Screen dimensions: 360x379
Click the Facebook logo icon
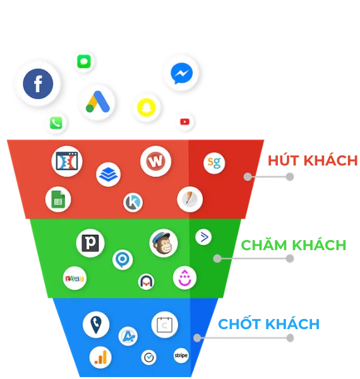point(38,83)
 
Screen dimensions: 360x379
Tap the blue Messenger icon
point(181,73)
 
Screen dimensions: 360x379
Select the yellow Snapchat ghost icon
point(146,107)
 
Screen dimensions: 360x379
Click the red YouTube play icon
point(185,121)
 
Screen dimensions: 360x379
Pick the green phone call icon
point(56,123)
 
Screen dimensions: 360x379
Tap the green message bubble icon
point(84,61)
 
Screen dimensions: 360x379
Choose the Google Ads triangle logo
point(98,102)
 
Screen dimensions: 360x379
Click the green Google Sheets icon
point(58,200)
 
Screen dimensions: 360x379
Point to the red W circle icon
point(155,161)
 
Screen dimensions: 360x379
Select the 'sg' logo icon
point(214,163)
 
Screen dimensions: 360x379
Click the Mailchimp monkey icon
point(164,243)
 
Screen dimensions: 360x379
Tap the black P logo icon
point(90,243)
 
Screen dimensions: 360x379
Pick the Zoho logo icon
point(75,279)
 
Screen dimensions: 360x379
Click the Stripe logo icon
point(181,356)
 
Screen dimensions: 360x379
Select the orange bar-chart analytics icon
point(100,358)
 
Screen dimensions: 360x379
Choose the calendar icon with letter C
point(165,325)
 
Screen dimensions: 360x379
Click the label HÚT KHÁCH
point(313,160)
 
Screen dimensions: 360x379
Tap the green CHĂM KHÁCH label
point(294,244)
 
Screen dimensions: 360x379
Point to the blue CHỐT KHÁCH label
point(268,323)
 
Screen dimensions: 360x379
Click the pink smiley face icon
point(184,278)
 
